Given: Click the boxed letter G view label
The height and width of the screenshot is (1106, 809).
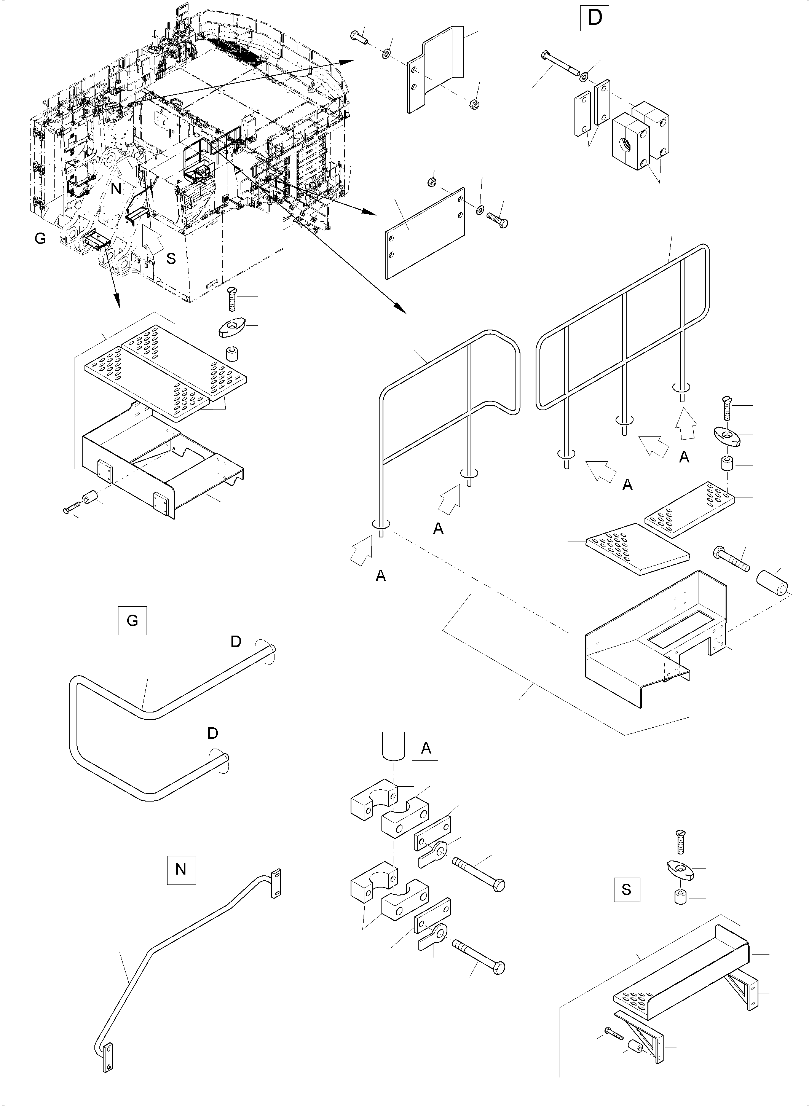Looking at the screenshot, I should [x=132, y=620].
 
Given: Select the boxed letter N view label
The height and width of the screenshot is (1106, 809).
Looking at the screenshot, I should [x=181, y=869].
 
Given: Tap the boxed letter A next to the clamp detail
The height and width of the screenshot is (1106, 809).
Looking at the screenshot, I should [x=426, y=748].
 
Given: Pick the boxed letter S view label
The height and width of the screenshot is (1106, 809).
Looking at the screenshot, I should [x=626, y=889].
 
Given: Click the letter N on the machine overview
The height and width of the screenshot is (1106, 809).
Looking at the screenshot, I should [x=116, y=188].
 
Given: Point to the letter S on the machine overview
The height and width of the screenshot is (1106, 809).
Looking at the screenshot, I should [x=171, y=258].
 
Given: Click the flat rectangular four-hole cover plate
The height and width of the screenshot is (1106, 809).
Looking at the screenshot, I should [x=424, y=233].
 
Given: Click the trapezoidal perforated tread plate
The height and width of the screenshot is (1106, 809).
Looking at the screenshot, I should [x=637, y=548].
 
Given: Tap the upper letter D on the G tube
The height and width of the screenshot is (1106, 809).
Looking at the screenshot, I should [x=236, y=642].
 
